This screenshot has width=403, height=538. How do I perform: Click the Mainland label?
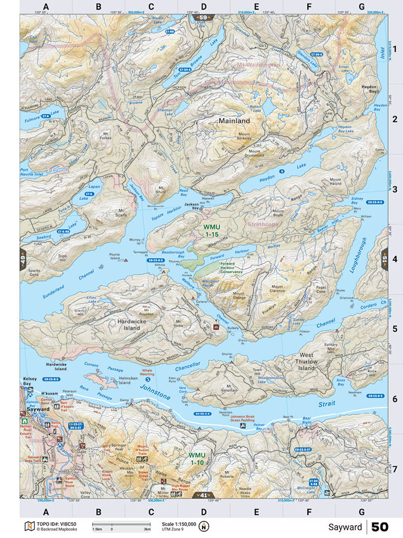234,121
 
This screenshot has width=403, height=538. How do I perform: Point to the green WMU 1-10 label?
196,458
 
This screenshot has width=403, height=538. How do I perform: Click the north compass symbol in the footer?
204,526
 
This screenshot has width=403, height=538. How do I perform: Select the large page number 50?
380,526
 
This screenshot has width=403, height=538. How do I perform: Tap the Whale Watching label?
147,372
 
